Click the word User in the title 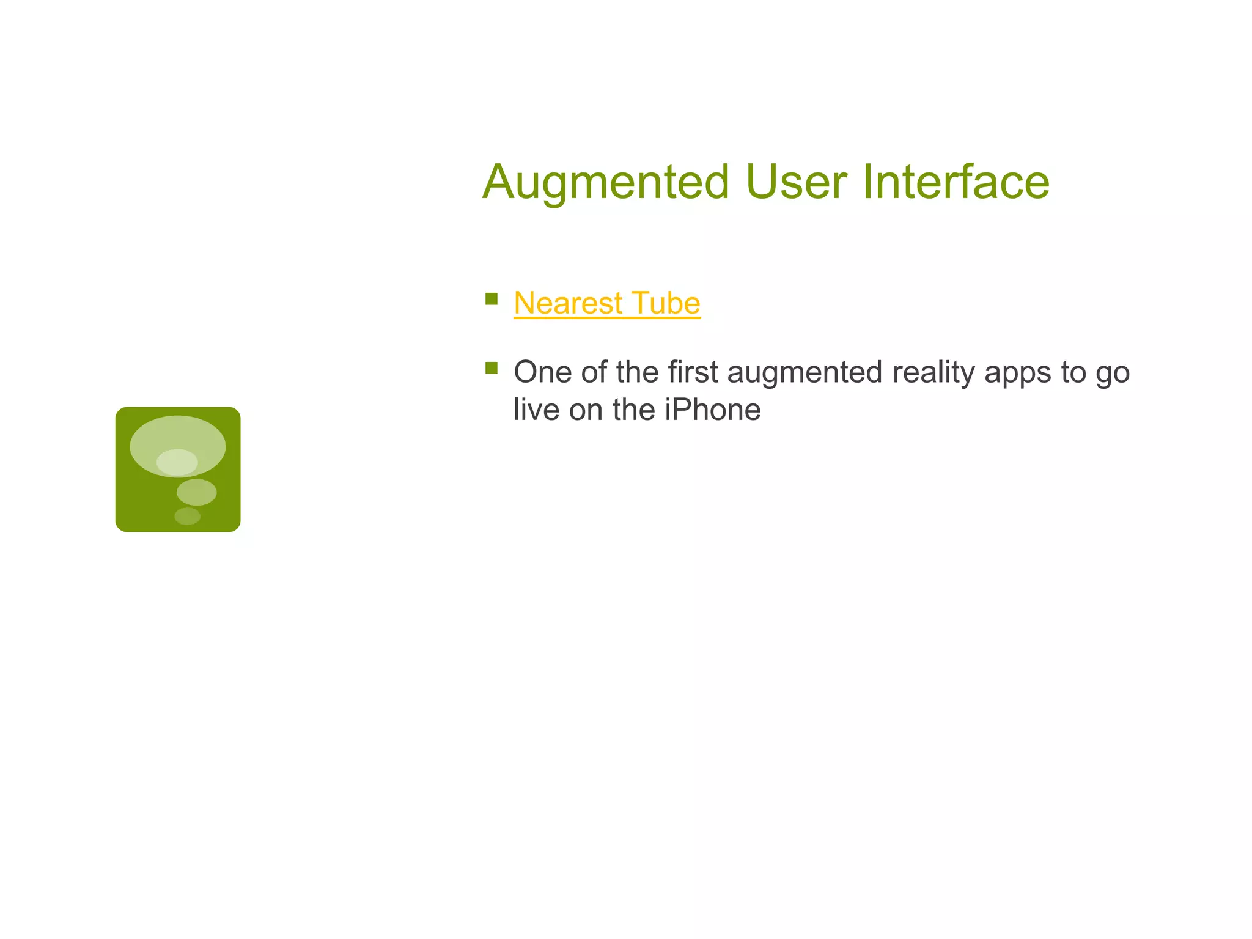pos(796,182)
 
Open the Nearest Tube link pos(606,303)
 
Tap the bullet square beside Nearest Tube pos(492,299)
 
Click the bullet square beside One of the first pos(492,368)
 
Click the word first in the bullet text pos(693,372)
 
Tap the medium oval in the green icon pos(197,492)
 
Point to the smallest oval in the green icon pos(187,517)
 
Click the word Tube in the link pos(666,303)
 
